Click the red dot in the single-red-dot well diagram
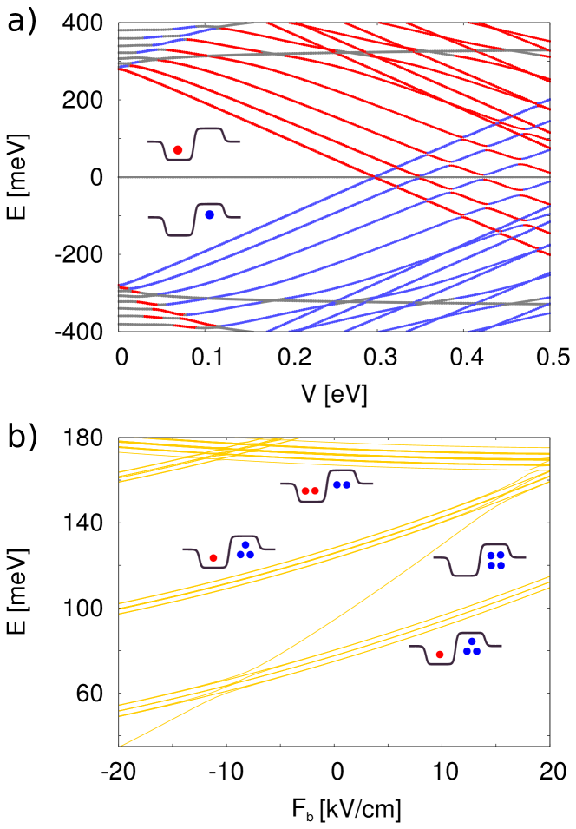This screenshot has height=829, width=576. pos(178,150)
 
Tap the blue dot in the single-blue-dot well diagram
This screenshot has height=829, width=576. pos(209,214)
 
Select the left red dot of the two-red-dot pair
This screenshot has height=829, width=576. pos(305,490)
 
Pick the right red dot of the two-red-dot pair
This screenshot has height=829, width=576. pos(315,490)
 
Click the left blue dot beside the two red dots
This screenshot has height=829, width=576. pos(337,484)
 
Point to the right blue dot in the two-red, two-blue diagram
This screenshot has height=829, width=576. pos(347,484)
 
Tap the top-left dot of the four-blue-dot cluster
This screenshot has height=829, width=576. pos(490,555)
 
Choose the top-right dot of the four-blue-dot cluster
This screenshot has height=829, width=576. pos(501,555)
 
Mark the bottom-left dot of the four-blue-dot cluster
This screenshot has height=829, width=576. pos(490,565)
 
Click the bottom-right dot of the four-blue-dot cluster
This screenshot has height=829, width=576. pos(501,565)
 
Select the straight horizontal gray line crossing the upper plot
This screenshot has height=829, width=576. pos(260,177)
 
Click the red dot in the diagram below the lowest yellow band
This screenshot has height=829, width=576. pos(440,655)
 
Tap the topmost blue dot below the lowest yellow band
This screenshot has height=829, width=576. pos(472,641)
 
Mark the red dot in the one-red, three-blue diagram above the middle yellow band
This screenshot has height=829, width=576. pos(213,558)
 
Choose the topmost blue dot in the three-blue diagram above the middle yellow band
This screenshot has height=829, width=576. pos(245,545)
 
